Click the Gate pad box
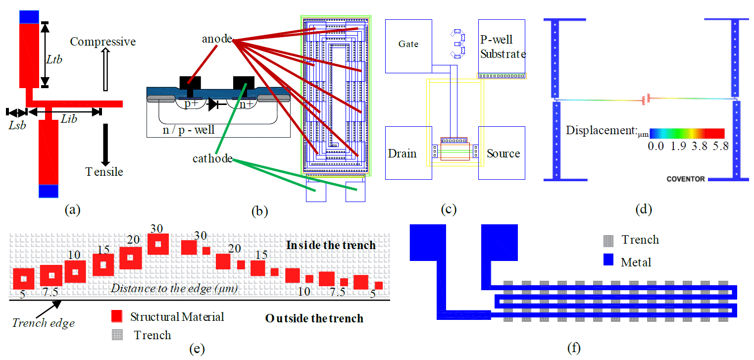(x=408, y=44)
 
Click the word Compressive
(x=102, y=42)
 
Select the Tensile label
(x=104, y=172)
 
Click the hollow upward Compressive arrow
(x=104, y=69)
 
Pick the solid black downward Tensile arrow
(x=105, y=144)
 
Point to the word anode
(x=217, y=39)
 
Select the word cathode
(x=213, y=158)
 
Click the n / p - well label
(x=189, y=130)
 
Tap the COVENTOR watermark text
(x=686, y=179)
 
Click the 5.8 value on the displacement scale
(x=717, y=146)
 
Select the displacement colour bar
(x=687, y=133)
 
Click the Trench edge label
(x=44, y=323)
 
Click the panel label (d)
(x=644, y=209)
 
